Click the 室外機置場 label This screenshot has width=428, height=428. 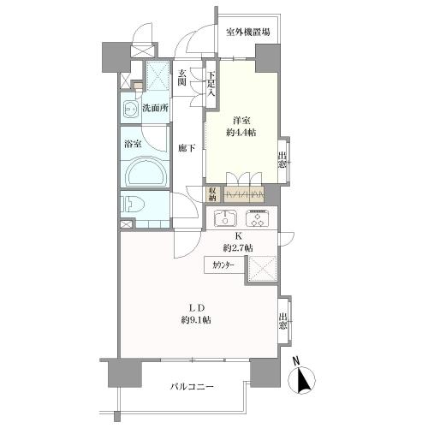tap(247, 32)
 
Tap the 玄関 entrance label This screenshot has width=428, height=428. tap(182, 78)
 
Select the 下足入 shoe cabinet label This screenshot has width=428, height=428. tap(211, 84)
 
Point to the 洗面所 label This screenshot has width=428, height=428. tap(155, 108)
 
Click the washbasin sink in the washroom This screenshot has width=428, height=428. tap(131, 109)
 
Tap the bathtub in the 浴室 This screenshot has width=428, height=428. tap(146, 173)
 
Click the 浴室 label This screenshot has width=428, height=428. tap(133, 144)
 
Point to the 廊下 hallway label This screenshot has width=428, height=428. tap(187, 148)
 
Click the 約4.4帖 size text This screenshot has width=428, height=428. tap(241, 133)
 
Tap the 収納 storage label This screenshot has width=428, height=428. tap(212, 194)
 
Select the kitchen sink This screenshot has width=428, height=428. tap(225, 218)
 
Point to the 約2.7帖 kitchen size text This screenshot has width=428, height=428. tap(238, 248)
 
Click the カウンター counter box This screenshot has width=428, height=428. tap(224, 265)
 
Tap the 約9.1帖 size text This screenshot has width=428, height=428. tap(196, 320)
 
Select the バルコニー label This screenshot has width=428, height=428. tap(192, 387)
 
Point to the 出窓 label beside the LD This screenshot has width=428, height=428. tap(282, 321)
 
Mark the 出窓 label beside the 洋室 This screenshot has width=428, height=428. tap(282, 160)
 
